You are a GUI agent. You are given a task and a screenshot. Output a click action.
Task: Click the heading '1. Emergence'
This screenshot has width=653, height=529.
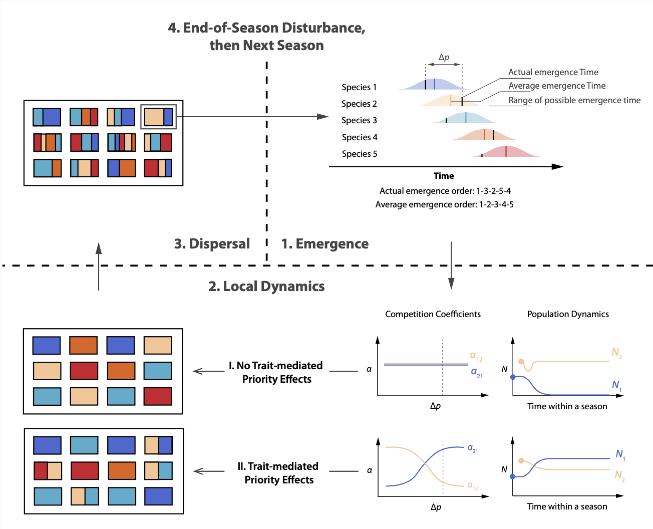point(324,244)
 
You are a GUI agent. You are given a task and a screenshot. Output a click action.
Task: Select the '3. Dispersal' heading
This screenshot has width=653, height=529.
point(212,244)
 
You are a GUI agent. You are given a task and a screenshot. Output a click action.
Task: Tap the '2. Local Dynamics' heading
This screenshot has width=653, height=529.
point(266,287)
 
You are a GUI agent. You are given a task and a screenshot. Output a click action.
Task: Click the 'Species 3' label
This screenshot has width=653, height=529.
point(359,120)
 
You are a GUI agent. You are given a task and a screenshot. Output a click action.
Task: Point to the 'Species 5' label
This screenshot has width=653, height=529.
point(360,154)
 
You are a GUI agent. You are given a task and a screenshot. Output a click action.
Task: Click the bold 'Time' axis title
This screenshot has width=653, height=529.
point(444,176)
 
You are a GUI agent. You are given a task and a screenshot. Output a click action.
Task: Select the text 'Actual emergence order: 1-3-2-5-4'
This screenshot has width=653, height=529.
point(445,191)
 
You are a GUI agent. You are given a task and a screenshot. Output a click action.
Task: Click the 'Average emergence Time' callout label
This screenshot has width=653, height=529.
point(557,86)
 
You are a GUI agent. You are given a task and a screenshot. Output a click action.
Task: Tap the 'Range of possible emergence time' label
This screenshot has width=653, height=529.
point(574,100)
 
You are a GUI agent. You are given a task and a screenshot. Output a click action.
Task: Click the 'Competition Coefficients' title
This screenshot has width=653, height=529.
point(433,314)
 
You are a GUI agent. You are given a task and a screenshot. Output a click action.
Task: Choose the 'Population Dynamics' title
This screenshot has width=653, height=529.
point(568,314)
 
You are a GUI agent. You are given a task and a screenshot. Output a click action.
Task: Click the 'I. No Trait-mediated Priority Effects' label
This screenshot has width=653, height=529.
point(276,372)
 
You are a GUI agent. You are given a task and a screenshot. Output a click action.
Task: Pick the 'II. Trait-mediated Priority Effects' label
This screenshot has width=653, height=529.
point(278,473)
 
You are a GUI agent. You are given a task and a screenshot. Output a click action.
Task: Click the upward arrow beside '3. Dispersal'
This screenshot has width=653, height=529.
point(99,266)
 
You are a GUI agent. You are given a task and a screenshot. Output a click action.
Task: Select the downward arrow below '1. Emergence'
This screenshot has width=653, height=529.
point(451,266)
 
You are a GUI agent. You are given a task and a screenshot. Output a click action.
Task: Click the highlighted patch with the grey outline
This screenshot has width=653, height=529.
point(158,117)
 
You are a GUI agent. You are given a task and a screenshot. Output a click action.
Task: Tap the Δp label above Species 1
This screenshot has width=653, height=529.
point(444,57)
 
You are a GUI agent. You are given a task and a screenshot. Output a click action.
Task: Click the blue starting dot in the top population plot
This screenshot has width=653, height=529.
point(513,377)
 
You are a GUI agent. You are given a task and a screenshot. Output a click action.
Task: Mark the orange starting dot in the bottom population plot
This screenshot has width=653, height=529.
point(521,460)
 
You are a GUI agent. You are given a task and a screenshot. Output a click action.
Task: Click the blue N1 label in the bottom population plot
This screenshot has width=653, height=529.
point(620,454)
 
